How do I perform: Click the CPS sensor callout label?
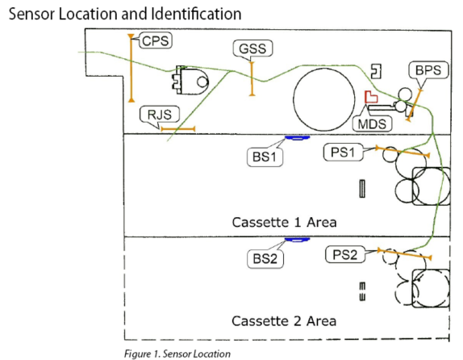click(156, 41)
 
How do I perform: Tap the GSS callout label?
click(252, 48)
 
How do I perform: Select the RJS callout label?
click(160, 114)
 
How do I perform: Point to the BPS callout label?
click(428, 70)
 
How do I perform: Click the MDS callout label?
click(372, 123)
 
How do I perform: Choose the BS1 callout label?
click(265, 157)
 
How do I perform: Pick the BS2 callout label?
click(265, 259)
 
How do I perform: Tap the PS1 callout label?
click(343, 153)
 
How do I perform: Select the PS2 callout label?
click(345, 254)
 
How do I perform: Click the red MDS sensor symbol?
click(371, 97)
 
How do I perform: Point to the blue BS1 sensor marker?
click(297, 137)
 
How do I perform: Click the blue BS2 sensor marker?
click(297, 240)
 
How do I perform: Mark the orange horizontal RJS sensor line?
click(178, 129)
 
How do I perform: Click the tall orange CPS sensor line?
click(131, 69)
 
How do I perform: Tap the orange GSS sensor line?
click(252, 78)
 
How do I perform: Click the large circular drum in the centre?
click(324, 99)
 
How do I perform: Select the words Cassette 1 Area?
click(284, 222)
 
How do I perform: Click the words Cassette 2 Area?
click(284, 321)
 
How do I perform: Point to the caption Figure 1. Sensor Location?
click(177, 354)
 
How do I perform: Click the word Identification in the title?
click(196, 14)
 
